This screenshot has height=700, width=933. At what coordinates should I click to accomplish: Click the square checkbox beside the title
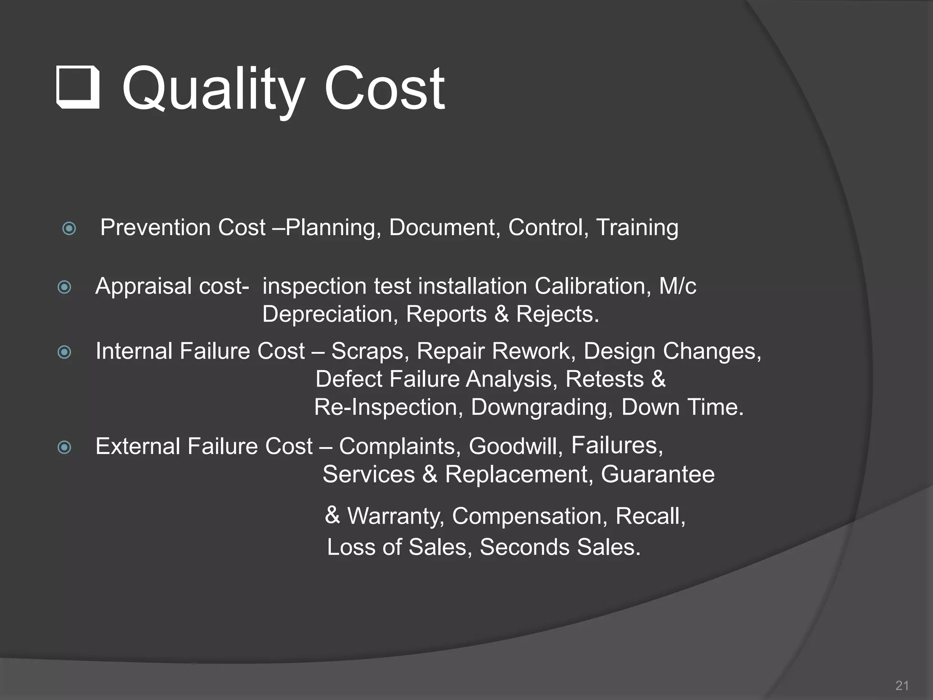pos(78,87)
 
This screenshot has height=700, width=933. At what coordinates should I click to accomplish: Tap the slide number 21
pos(902,685)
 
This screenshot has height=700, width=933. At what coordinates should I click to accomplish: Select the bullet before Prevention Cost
pos(69,228)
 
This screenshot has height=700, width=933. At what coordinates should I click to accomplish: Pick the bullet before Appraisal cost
pos(65,287)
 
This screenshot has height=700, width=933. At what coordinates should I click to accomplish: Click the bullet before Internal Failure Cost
pos(65,352)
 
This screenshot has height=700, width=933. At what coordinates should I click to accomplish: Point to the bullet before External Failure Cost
pos(65,447)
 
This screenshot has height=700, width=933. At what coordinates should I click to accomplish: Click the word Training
pos(637,228)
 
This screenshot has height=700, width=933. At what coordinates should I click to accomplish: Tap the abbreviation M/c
pos(677,287)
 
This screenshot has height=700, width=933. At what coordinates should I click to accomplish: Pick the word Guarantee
pos(657,474)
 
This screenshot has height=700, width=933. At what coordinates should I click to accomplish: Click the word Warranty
pos(395,516)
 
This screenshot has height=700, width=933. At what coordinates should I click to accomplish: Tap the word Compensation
pos(529,516)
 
